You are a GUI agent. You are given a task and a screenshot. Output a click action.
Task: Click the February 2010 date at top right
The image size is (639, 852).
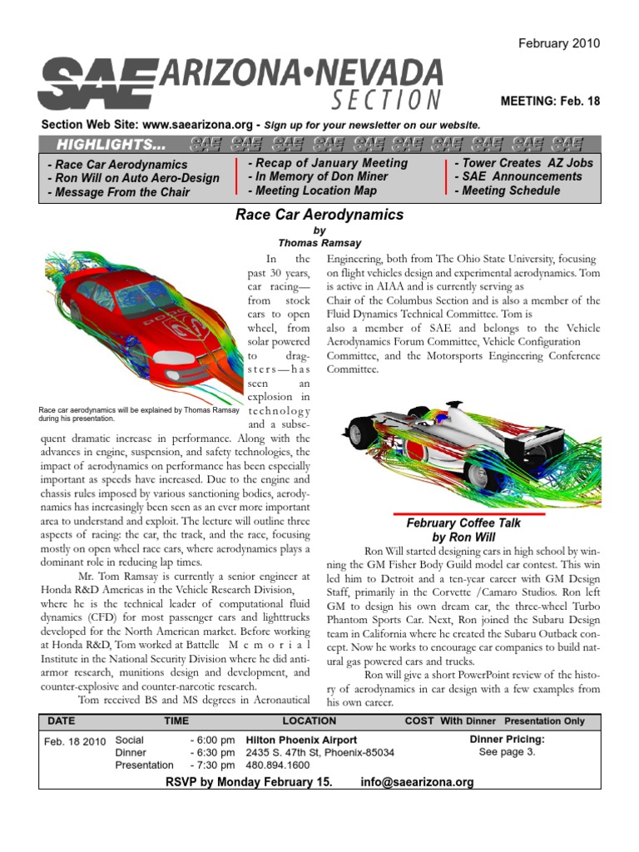coord(559,43)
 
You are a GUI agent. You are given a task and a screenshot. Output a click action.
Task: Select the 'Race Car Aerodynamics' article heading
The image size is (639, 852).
coord(319,215)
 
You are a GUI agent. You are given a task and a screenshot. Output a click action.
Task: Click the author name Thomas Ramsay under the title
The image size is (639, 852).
coord(319,245)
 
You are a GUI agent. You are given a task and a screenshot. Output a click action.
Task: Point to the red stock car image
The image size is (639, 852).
coord(137,324)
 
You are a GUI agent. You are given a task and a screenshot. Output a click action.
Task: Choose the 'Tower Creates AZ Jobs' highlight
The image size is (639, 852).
coord(523,163)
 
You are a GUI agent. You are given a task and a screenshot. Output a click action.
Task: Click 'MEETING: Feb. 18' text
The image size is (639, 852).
coord(549,101)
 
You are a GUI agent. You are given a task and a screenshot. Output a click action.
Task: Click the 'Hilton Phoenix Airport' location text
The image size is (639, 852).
coord(301,740)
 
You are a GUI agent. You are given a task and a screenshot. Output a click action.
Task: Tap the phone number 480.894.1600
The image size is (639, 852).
coord(278,765)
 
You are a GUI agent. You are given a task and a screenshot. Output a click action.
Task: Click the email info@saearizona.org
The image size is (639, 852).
coord(417,782)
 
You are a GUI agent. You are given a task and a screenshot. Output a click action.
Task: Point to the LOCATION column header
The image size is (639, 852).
coord(310,720)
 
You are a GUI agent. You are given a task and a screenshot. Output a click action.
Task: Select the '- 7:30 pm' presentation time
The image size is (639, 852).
coord(212,765)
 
